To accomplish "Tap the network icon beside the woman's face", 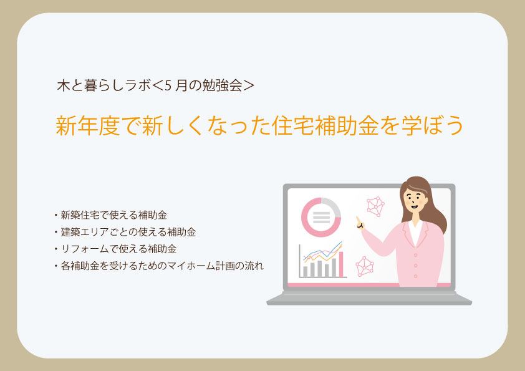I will [376, 206].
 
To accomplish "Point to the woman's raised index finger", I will [357, 219].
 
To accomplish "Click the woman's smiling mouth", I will [412, 210].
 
